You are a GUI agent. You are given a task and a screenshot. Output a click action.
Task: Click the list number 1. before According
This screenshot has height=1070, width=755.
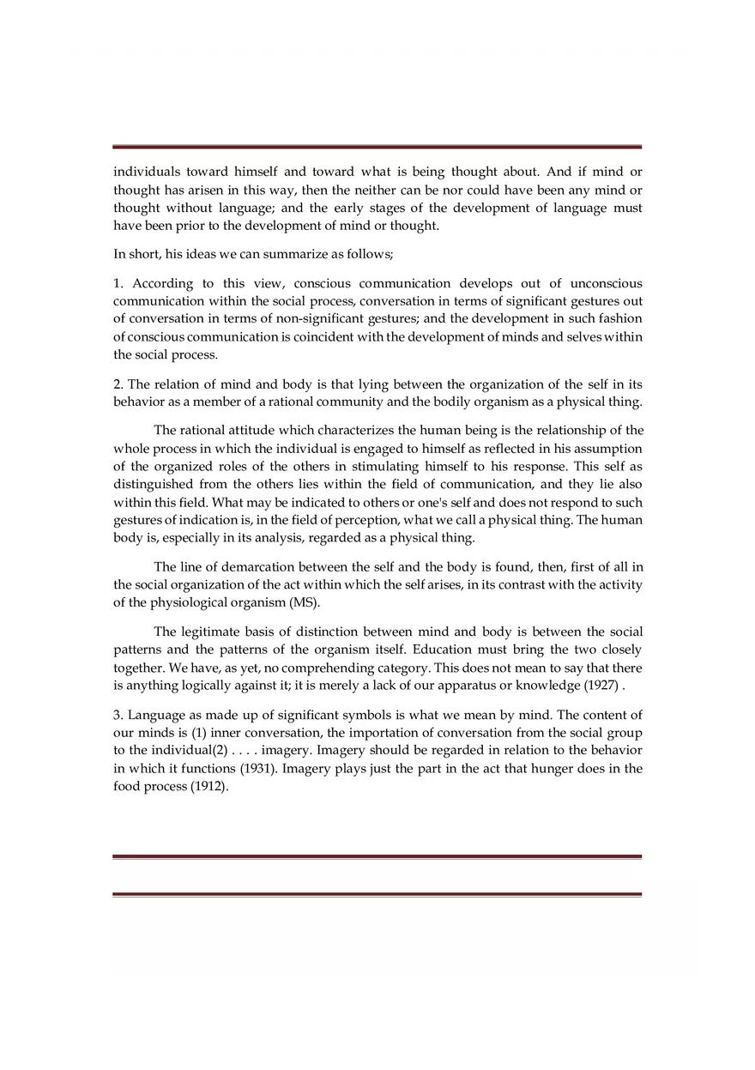[x=118, y=283]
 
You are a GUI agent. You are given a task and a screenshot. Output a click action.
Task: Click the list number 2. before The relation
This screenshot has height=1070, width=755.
[x=118, y=384]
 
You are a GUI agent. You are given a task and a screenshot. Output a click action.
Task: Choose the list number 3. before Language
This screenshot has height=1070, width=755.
[x=118, y=715]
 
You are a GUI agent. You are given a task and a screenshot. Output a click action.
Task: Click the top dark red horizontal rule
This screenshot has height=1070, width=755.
[x=377, y=147]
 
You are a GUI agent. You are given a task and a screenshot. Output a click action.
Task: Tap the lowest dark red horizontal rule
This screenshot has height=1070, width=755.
[x=377, y=894]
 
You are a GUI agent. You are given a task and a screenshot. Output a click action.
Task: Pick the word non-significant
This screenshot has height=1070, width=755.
[x=308, y=319]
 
